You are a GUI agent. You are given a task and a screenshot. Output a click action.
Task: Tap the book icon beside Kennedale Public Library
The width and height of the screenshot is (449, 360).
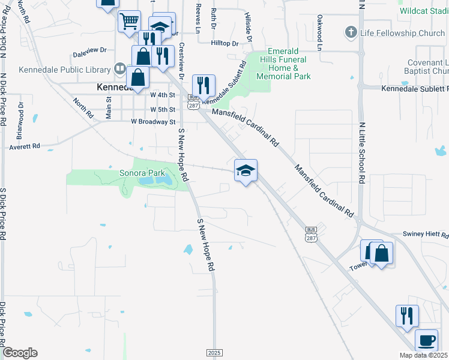[x=120, y=70]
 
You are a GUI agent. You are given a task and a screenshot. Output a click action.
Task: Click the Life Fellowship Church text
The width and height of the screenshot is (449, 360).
[x=403, y=32]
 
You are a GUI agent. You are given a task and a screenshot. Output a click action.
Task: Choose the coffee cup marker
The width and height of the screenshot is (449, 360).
[x=427, y=341]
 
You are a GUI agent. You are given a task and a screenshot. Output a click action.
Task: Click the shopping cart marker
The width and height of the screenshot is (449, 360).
[x=129, y=22]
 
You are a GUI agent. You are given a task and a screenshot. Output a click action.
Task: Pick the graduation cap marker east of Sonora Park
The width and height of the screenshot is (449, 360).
[x=246, y=170]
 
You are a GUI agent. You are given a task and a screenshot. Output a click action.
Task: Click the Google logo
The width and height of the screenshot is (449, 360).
[x=20, y=353]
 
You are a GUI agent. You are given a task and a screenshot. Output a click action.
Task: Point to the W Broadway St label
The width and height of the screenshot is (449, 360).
[x=153, y=122]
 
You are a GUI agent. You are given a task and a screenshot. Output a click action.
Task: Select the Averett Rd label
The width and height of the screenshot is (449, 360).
[x=25, y=146]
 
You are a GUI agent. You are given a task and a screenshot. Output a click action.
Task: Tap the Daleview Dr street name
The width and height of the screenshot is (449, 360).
[x=89, y=50]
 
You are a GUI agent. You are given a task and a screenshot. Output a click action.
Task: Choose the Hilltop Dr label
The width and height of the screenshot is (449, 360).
[x=224, y=43]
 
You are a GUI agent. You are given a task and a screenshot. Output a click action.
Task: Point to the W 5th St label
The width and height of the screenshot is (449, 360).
[x=163, y=110]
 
